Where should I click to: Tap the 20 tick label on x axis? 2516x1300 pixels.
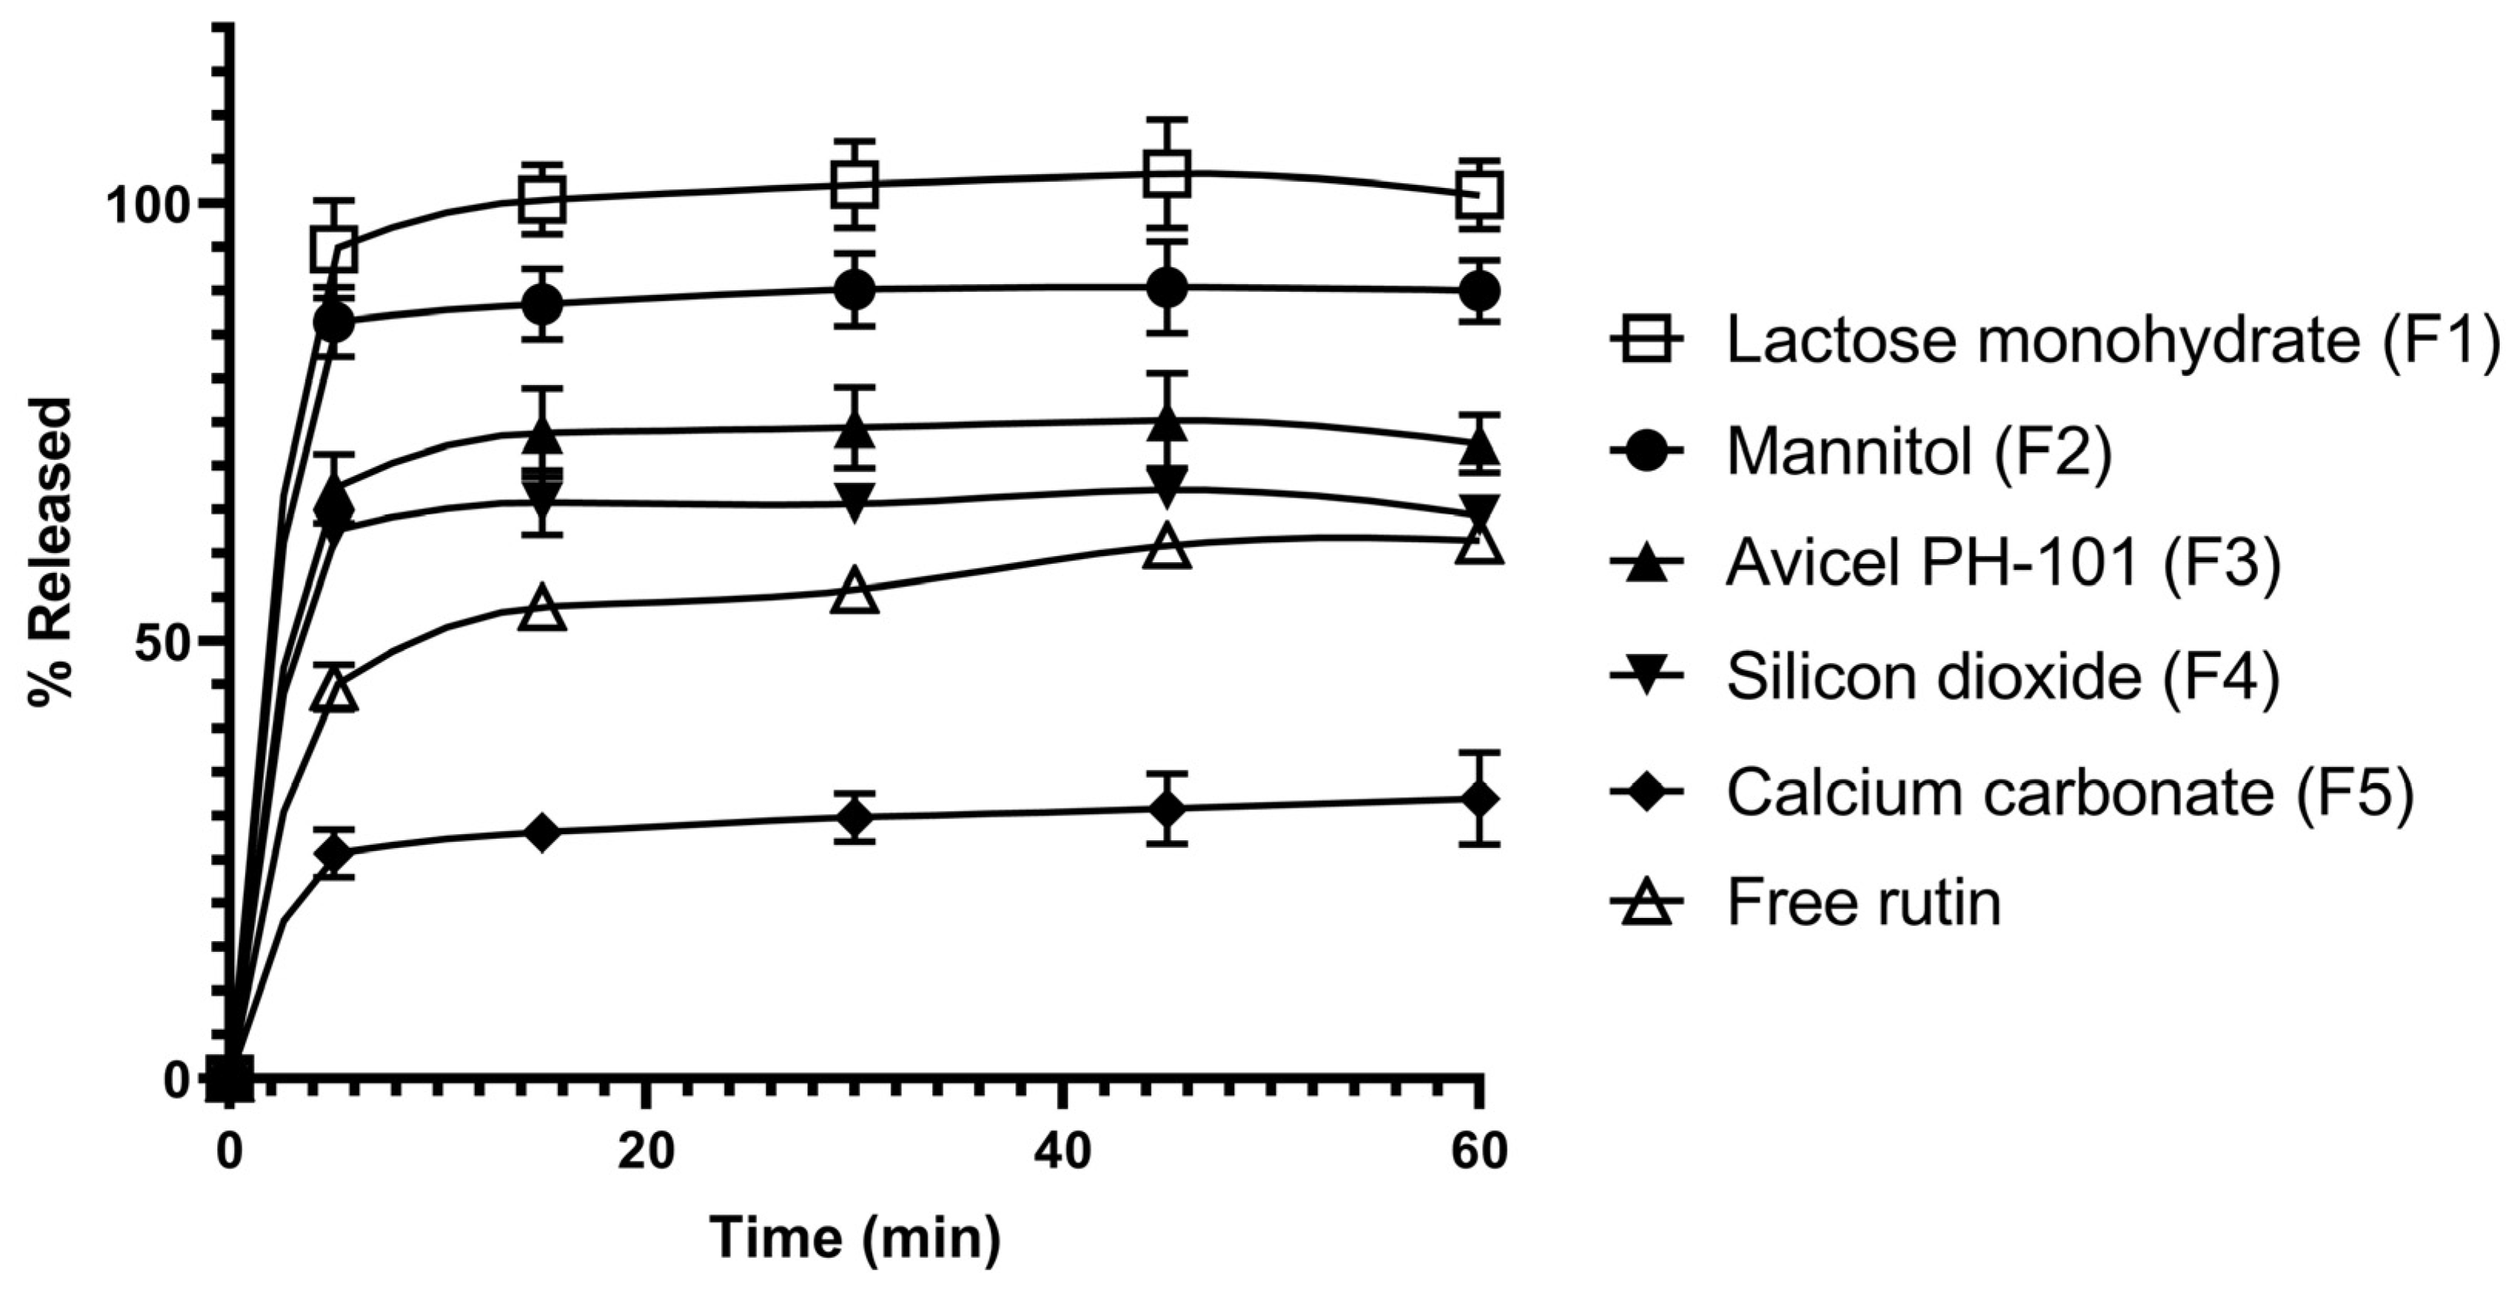tap(645, 1151)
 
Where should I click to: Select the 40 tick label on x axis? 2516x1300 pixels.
tap(1062, 1151)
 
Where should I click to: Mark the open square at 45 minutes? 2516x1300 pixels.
tap(1166, 174)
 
